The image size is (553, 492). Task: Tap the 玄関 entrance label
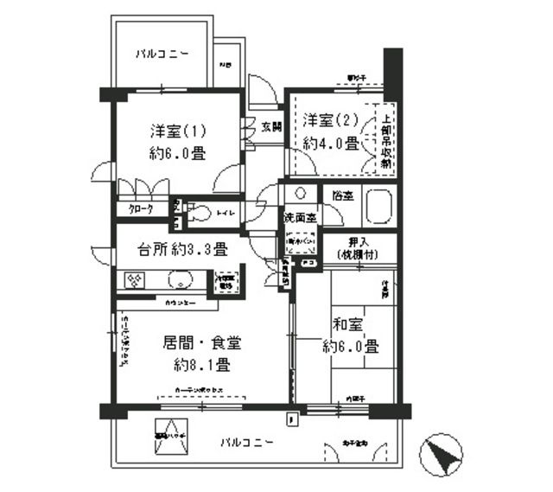(x=270, y=128)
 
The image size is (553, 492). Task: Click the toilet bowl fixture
(x=201, y=212)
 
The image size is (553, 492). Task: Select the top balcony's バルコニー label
(x=162, y=54)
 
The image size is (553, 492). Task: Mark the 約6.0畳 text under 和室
(x=351, y=347)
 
